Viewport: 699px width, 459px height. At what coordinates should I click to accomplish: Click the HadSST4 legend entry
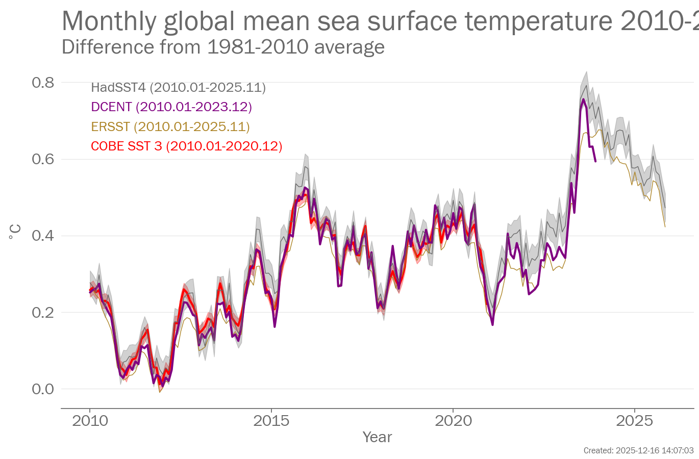tap(178, 88)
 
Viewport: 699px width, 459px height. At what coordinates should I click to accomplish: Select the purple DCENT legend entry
tap(171, 107)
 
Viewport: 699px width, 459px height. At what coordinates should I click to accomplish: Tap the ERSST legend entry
tap(170, 126)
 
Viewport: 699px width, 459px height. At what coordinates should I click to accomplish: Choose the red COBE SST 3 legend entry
tap(186, 146)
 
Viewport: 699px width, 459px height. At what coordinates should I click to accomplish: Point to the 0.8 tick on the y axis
tap(43, 83)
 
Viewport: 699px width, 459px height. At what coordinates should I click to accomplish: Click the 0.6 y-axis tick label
tap(43, 159)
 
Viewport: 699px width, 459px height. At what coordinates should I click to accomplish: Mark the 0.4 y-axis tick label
tap(43, 236)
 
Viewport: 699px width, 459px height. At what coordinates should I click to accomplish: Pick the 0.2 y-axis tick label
tap(43, 312)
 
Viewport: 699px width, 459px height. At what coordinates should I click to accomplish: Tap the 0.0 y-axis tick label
tap(43, 389)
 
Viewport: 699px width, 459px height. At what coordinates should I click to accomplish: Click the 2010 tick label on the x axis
tap(90, 421)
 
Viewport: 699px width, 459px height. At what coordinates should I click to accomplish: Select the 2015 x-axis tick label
tap(271, 421)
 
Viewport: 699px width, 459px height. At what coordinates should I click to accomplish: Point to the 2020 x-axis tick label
tap(453, 421)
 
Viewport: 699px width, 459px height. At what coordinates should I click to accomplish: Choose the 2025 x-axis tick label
tap(634, 421)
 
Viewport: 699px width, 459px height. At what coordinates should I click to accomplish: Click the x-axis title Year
tap(377, 437)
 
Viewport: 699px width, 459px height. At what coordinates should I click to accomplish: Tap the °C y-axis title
tap(15, 232)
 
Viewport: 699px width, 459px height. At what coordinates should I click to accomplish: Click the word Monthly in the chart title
tap(109, 21)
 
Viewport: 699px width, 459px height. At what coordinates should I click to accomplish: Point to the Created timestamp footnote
tap(638, 451)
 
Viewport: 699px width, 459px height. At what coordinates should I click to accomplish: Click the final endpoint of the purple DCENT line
tap(595, 162)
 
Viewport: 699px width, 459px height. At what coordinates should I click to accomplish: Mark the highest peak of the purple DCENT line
tap(583, 99)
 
